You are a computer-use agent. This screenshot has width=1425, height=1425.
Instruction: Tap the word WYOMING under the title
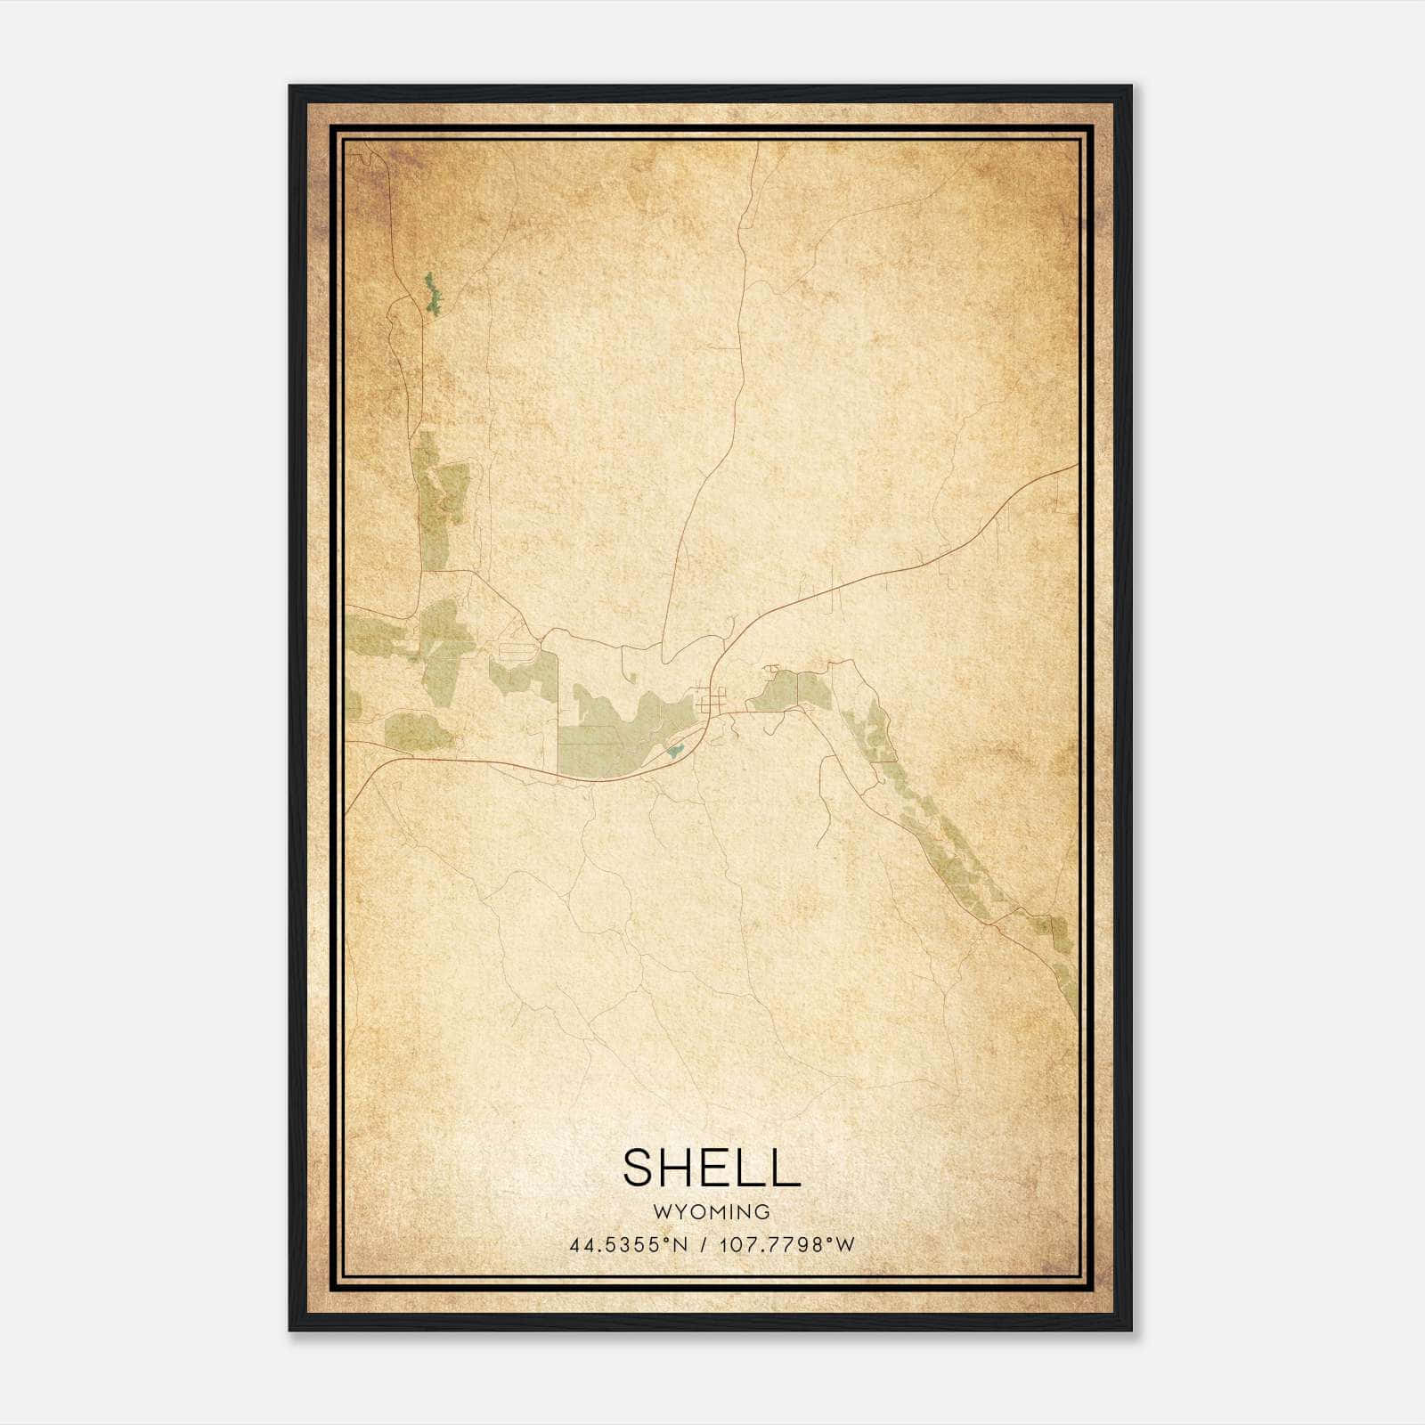(712, 1212)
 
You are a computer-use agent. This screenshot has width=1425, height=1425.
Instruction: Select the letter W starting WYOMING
(662, 1212)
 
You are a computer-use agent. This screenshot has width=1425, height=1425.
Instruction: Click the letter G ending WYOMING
(762, 1212)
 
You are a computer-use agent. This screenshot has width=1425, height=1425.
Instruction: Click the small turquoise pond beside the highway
(675, 752)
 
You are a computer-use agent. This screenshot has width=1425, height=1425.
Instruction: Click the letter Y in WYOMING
(680, 1212)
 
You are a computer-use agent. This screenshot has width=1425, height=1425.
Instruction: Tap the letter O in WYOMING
(696, 1212)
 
